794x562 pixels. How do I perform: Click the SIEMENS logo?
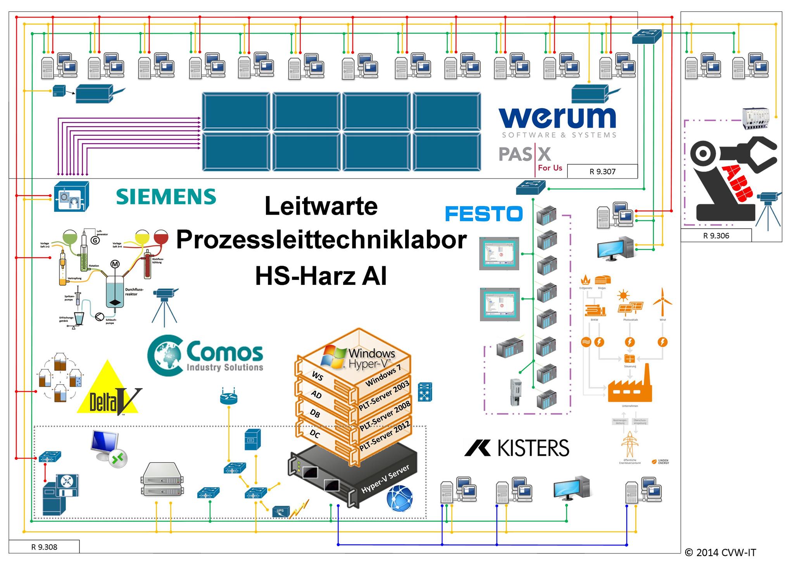[x=166, y=197]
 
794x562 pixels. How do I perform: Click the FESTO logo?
[x=484, y=214]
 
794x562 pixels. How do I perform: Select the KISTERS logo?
[x=517, y=448]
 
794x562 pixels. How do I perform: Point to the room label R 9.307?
[x=602, y=172]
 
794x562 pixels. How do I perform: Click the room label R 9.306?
[x=716, y=236]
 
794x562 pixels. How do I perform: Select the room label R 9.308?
[x=44, y=547]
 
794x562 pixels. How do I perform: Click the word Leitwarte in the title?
[x=321, y=206]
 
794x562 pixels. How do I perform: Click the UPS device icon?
[x=281, y=512]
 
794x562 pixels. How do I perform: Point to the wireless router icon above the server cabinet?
[x=228, y=397]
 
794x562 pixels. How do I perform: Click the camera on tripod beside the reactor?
[x=165, y=305]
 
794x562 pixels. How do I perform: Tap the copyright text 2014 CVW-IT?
[x=720, y=552]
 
